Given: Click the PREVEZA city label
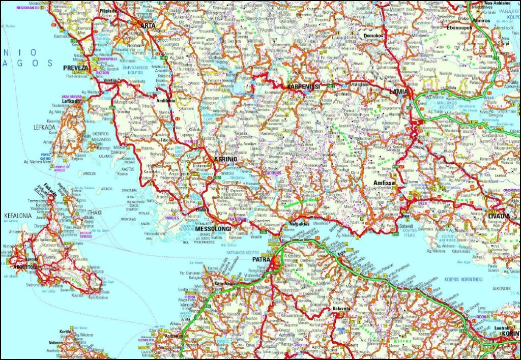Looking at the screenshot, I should coord(76,68).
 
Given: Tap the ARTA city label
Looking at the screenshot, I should coord(148,25).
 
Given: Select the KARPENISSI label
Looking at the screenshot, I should coord(303,87).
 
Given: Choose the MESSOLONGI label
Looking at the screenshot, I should coord(213,229).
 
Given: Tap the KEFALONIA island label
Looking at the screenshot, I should coord(18,216).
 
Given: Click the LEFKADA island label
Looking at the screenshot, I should coord(44,127).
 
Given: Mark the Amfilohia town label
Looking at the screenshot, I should coord(168,101).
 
